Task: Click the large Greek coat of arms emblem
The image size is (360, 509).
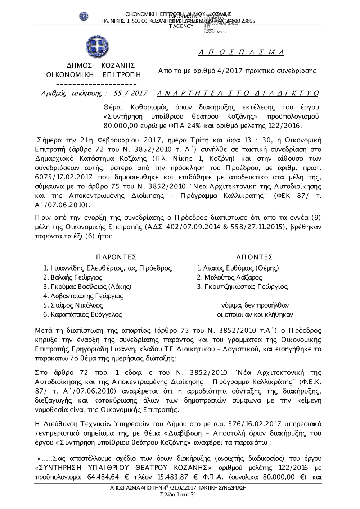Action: pyautogui.click(x=97, y=47)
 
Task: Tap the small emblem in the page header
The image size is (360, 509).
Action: pyautogui.click(x=84, y=16)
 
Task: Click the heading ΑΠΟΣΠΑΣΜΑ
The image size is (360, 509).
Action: pyautogui.click(x=242, y=53)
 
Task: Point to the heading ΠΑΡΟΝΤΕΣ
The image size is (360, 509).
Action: pyautogui.click(x=116, y=257)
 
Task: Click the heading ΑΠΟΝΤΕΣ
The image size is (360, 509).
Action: pyautogui.click(x=254, y=257)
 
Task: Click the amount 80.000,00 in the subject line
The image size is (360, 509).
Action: pyautogui.click(x=118, y=126)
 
